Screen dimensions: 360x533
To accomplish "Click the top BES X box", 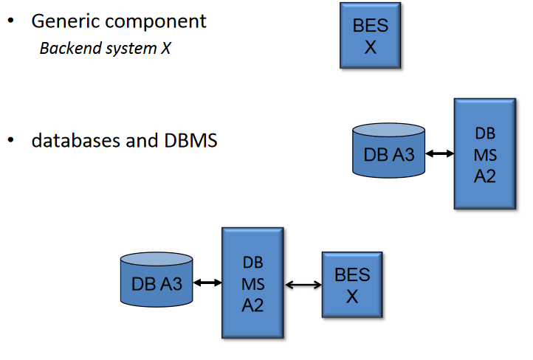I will (370, 35).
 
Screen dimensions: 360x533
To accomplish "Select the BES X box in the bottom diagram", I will (352, 285).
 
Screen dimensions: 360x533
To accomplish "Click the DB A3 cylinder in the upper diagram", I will (388, 152).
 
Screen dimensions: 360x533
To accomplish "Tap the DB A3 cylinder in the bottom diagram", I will (157, 280).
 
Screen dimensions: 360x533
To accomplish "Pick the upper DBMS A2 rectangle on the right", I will (484, 153).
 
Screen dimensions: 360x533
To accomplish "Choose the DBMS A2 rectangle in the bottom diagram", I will (252, 283).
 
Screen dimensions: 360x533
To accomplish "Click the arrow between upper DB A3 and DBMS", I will (440, 153).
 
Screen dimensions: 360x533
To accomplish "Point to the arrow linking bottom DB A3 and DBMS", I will (207, 282).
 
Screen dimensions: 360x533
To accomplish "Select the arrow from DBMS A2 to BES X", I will (303, 285).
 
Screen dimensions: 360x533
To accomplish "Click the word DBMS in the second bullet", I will (188, 140).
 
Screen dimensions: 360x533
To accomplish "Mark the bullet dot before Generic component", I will (11, 21).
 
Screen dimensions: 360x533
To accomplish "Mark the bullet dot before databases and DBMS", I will (11, 139).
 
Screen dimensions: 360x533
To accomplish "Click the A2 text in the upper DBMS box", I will (484, 176).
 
